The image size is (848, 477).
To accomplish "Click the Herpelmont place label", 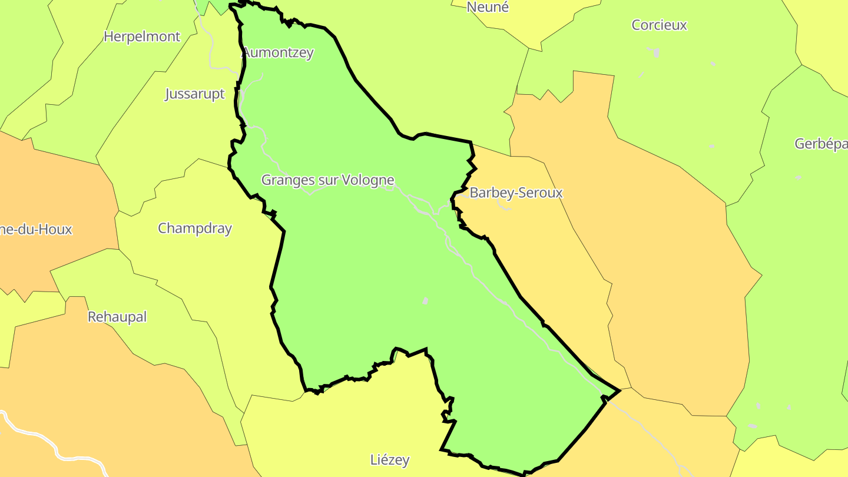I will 141,37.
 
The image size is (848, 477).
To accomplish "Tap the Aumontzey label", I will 279,52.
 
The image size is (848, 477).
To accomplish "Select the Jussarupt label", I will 194,94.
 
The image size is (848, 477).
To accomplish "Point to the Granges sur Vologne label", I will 327,180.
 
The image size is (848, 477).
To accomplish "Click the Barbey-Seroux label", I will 516,193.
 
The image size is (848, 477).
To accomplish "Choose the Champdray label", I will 194,228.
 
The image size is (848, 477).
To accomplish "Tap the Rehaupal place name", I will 117,317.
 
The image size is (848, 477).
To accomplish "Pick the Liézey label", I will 390,460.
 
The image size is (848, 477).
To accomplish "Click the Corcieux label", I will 659,25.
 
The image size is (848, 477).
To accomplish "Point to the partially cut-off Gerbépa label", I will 821,144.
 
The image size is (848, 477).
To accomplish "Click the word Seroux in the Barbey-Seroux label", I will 539,193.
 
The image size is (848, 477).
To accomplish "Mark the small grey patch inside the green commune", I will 425,301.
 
